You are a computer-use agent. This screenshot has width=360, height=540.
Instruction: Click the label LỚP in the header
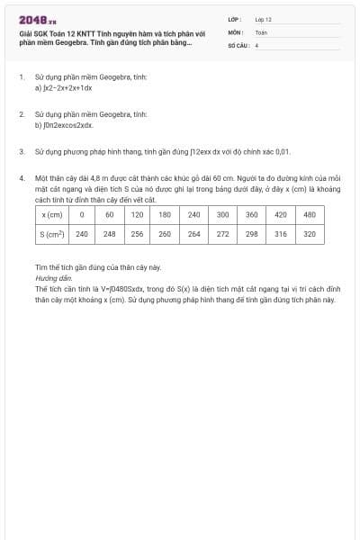coord(235,19)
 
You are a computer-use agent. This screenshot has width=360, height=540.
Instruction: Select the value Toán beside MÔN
coord(261,31)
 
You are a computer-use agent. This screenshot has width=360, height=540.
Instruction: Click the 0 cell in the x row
coord(81,215)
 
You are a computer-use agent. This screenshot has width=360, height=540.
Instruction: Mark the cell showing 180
coord(165,215)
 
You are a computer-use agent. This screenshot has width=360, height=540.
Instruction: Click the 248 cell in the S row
coord(109,234)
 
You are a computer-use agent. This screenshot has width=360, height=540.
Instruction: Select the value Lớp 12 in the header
coord(263,19)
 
